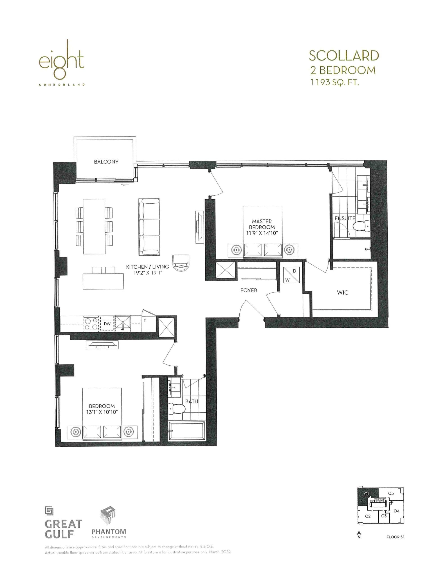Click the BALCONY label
pos(106,162)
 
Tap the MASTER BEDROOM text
pos(262,224)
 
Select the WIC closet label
pos(342,292)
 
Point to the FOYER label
pos(248,290)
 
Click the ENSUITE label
pos(345,218)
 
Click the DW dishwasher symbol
pos(107,324)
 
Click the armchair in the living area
pos(181,262)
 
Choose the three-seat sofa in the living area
pos(149,227)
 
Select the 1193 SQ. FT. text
pos(335,83)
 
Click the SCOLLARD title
pos(344,56)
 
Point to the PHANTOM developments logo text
pos(108,531)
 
